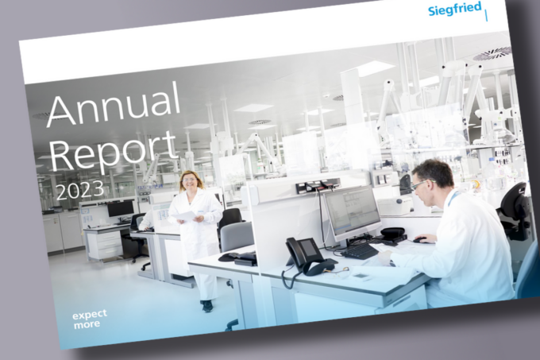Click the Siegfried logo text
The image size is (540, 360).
[454, 9]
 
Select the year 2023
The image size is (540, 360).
[80, 190]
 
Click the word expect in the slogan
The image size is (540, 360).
[90, 315]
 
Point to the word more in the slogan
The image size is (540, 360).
[87, 324]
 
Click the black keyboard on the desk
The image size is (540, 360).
[359, 251]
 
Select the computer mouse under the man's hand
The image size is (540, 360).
[420, 240]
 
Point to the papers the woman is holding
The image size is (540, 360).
[184, 216]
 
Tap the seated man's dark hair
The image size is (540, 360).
[434, 172]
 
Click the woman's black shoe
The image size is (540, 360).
[207, 306]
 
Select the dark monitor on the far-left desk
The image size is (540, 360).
[121, 208]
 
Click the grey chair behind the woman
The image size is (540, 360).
[237, 237]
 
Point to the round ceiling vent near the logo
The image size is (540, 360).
[493, 54]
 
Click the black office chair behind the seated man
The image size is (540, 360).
[515, 210]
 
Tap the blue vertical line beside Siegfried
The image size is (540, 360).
[486, 16]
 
